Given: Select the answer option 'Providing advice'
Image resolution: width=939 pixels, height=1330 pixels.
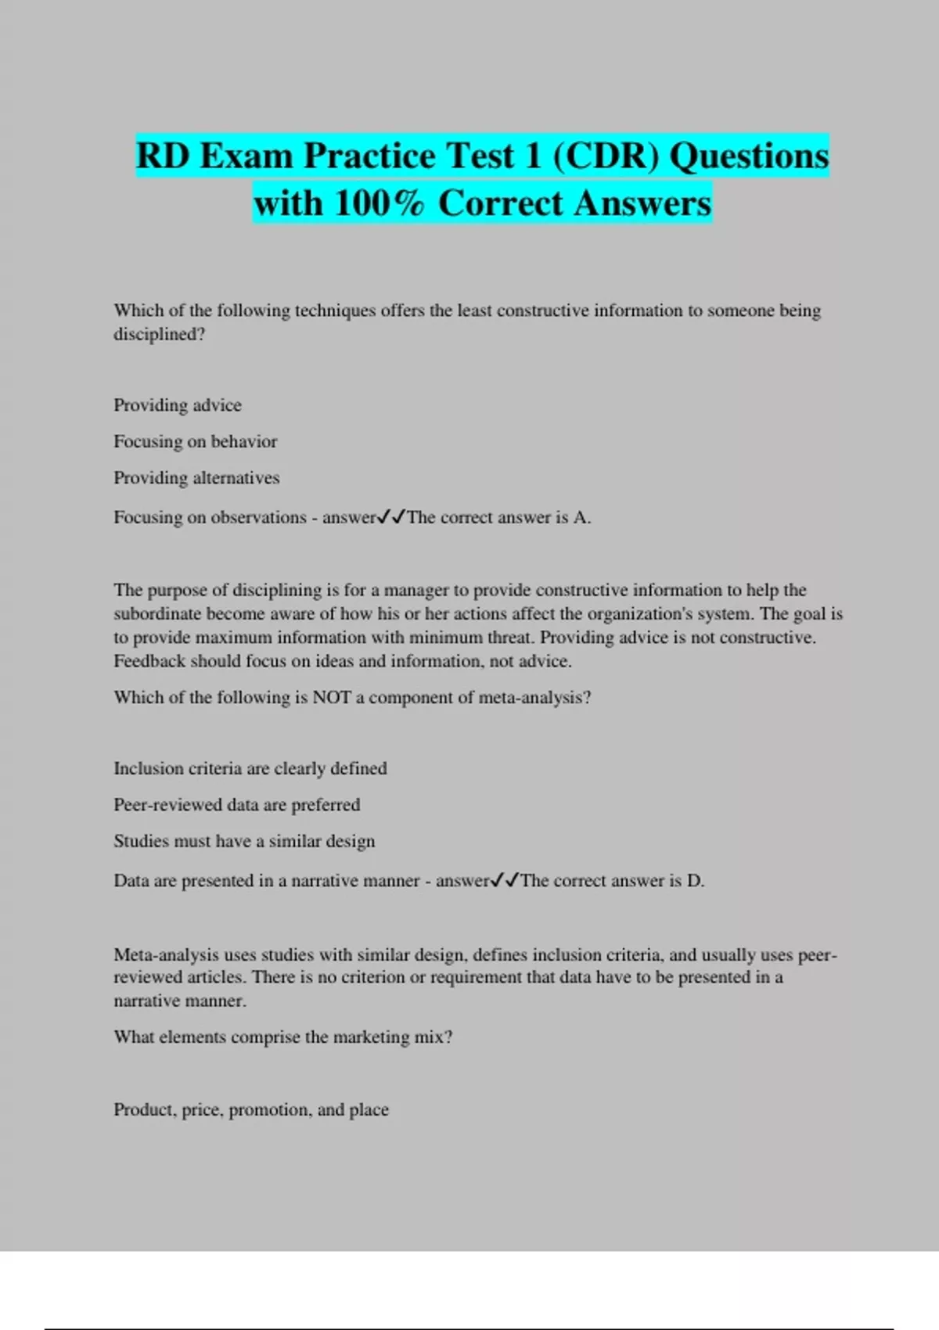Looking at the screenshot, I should click(x=178, y=405).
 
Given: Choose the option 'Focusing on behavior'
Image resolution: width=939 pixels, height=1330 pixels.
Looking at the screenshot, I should click(x=196, y=441).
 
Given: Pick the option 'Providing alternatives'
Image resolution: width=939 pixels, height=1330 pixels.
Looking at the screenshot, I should click(x=196, y=478).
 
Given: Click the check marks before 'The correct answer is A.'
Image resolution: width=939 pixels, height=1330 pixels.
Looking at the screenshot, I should click(x=391, y=517).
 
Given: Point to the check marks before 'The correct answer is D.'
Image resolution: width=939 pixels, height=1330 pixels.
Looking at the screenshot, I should click(x=505, y=881).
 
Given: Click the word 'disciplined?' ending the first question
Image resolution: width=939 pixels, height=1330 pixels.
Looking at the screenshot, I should click(x=160, y=334).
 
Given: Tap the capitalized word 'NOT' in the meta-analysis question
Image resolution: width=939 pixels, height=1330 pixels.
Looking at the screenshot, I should click(x=332, y=697).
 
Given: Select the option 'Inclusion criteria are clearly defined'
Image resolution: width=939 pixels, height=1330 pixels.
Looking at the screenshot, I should click(x=250, y=768).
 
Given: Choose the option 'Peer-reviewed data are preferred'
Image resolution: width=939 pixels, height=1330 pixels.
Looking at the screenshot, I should click(x=237, y=805).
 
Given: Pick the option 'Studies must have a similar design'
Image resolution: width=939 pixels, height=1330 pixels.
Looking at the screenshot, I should click(x=244, y=841).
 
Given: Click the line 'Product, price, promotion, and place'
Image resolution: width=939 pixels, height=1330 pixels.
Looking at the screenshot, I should click(x=251, y=1109).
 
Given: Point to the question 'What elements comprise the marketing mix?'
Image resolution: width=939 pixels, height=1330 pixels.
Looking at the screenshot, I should click(x=283, y=1037).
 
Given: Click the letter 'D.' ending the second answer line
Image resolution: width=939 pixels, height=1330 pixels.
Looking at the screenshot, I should click(x=696, y=881).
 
